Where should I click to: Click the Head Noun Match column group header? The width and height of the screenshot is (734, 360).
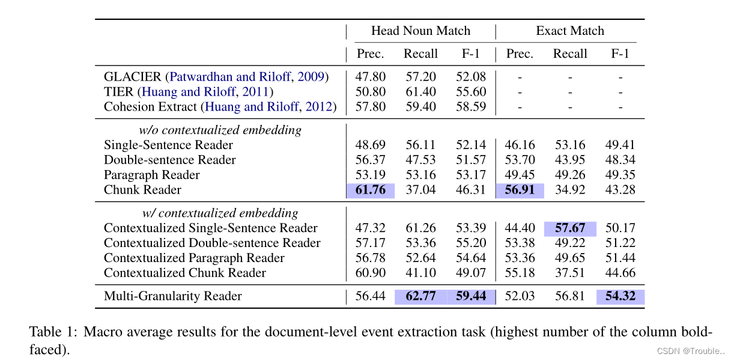pyautogui.click(x=420, y=31)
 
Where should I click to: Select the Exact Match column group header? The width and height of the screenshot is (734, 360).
pyautogui.click(x=569, y=31)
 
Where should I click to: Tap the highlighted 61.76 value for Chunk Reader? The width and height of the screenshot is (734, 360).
pyautogui.click(x=371, y=190)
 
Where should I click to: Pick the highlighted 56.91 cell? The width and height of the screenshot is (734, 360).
pyautogui.click(x=520, y=190)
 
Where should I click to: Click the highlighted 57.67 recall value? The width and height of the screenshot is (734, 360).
pyautogui.click(x=570, y=228)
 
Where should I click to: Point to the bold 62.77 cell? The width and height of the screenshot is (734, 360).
pyautogui.click(x=420, y=296)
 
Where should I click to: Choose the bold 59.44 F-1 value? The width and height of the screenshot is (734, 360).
pyautogui.click(x=470, y=296)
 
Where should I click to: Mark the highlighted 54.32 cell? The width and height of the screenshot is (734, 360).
pyautogui.click(x=620, y=296)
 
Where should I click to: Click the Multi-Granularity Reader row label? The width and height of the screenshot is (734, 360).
pyautogui.click(x=173, y=296)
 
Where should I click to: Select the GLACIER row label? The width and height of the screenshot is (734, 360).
pyautogui.click(x=132, y=77)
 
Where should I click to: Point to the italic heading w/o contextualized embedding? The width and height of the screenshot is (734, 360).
pyautogui.click(x=220, y=130)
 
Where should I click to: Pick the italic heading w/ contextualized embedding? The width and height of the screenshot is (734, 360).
pyautogui.click(x=220, y=213)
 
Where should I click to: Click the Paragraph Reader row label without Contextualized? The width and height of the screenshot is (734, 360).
pyautogui.click(x=152, y=175)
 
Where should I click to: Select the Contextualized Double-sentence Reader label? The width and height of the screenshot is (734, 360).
pyautogui.click(x=212, y=243)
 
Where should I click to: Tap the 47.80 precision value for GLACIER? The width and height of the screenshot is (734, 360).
pyautogui.click(x=371, y=77)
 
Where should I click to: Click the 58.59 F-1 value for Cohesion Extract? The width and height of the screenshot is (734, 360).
pyautogui.click(x=470, y=107)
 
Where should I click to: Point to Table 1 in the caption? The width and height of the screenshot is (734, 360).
pyautogui.click(x=54, y=331)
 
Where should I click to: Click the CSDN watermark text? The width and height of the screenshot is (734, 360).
pyautogui.click(x=691, y=351)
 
